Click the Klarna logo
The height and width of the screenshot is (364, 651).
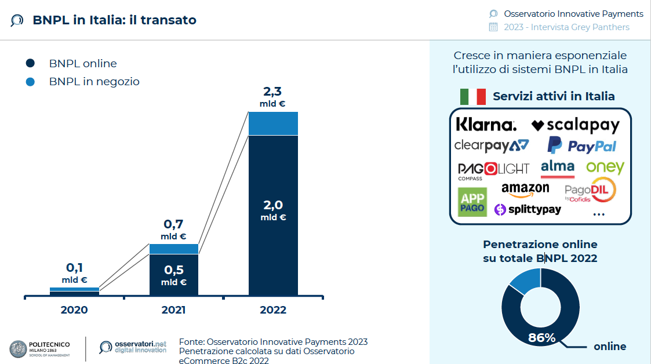(486, 125)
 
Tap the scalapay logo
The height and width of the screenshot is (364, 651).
(576, 125)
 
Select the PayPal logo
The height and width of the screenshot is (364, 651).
(581, 145)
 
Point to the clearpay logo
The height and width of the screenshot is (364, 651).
(492, 145)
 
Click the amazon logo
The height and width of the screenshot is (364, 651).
(525, 190)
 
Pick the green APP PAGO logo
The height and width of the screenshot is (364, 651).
(472, 202)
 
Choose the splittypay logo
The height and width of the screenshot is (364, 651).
(528, 209)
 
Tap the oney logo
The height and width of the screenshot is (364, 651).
(605, 168)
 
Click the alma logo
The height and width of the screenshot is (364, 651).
(557, 168)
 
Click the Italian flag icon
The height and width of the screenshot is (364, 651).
(472, 96)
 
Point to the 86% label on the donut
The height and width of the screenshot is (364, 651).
(542, 337)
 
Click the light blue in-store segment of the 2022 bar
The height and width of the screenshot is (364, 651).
(273, 123)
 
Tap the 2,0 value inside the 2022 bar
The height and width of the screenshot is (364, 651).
(273, 205)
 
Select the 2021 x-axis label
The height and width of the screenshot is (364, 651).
(173, 310)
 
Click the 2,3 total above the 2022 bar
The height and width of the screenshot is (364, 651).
(272, 92)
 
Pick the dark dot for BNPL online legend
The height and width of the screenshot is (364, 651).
(31, 63)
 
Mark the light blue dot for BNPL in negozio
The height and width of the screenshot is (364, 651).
(31, 82)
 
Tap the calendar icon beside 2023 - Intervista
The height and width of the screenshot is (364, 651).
(493, 27)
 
